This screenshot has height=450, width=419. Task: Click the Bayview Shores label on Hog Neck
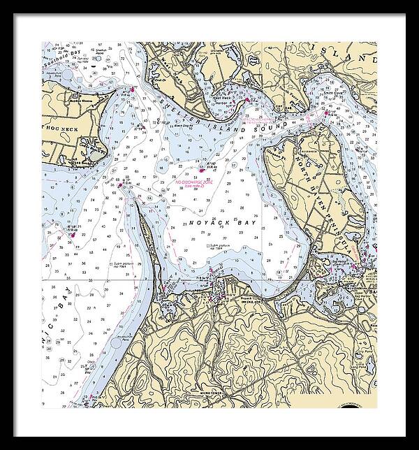81,100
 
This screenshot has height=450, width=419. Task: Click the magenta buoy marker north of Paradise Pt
130,89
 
